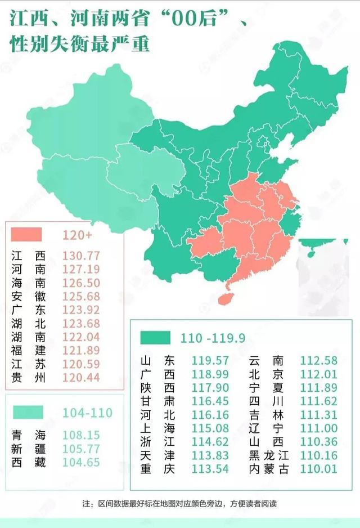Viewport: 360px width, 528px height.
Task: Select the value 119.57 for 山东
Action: pos(210,360)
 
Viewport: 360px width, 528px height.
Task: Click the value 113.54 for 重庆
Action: pos(210,469)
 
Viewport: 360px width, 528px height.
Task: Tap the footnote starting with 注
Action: pos(180,503)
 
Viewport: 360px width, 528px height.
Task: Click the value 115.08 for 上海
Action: pos(210,428)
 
